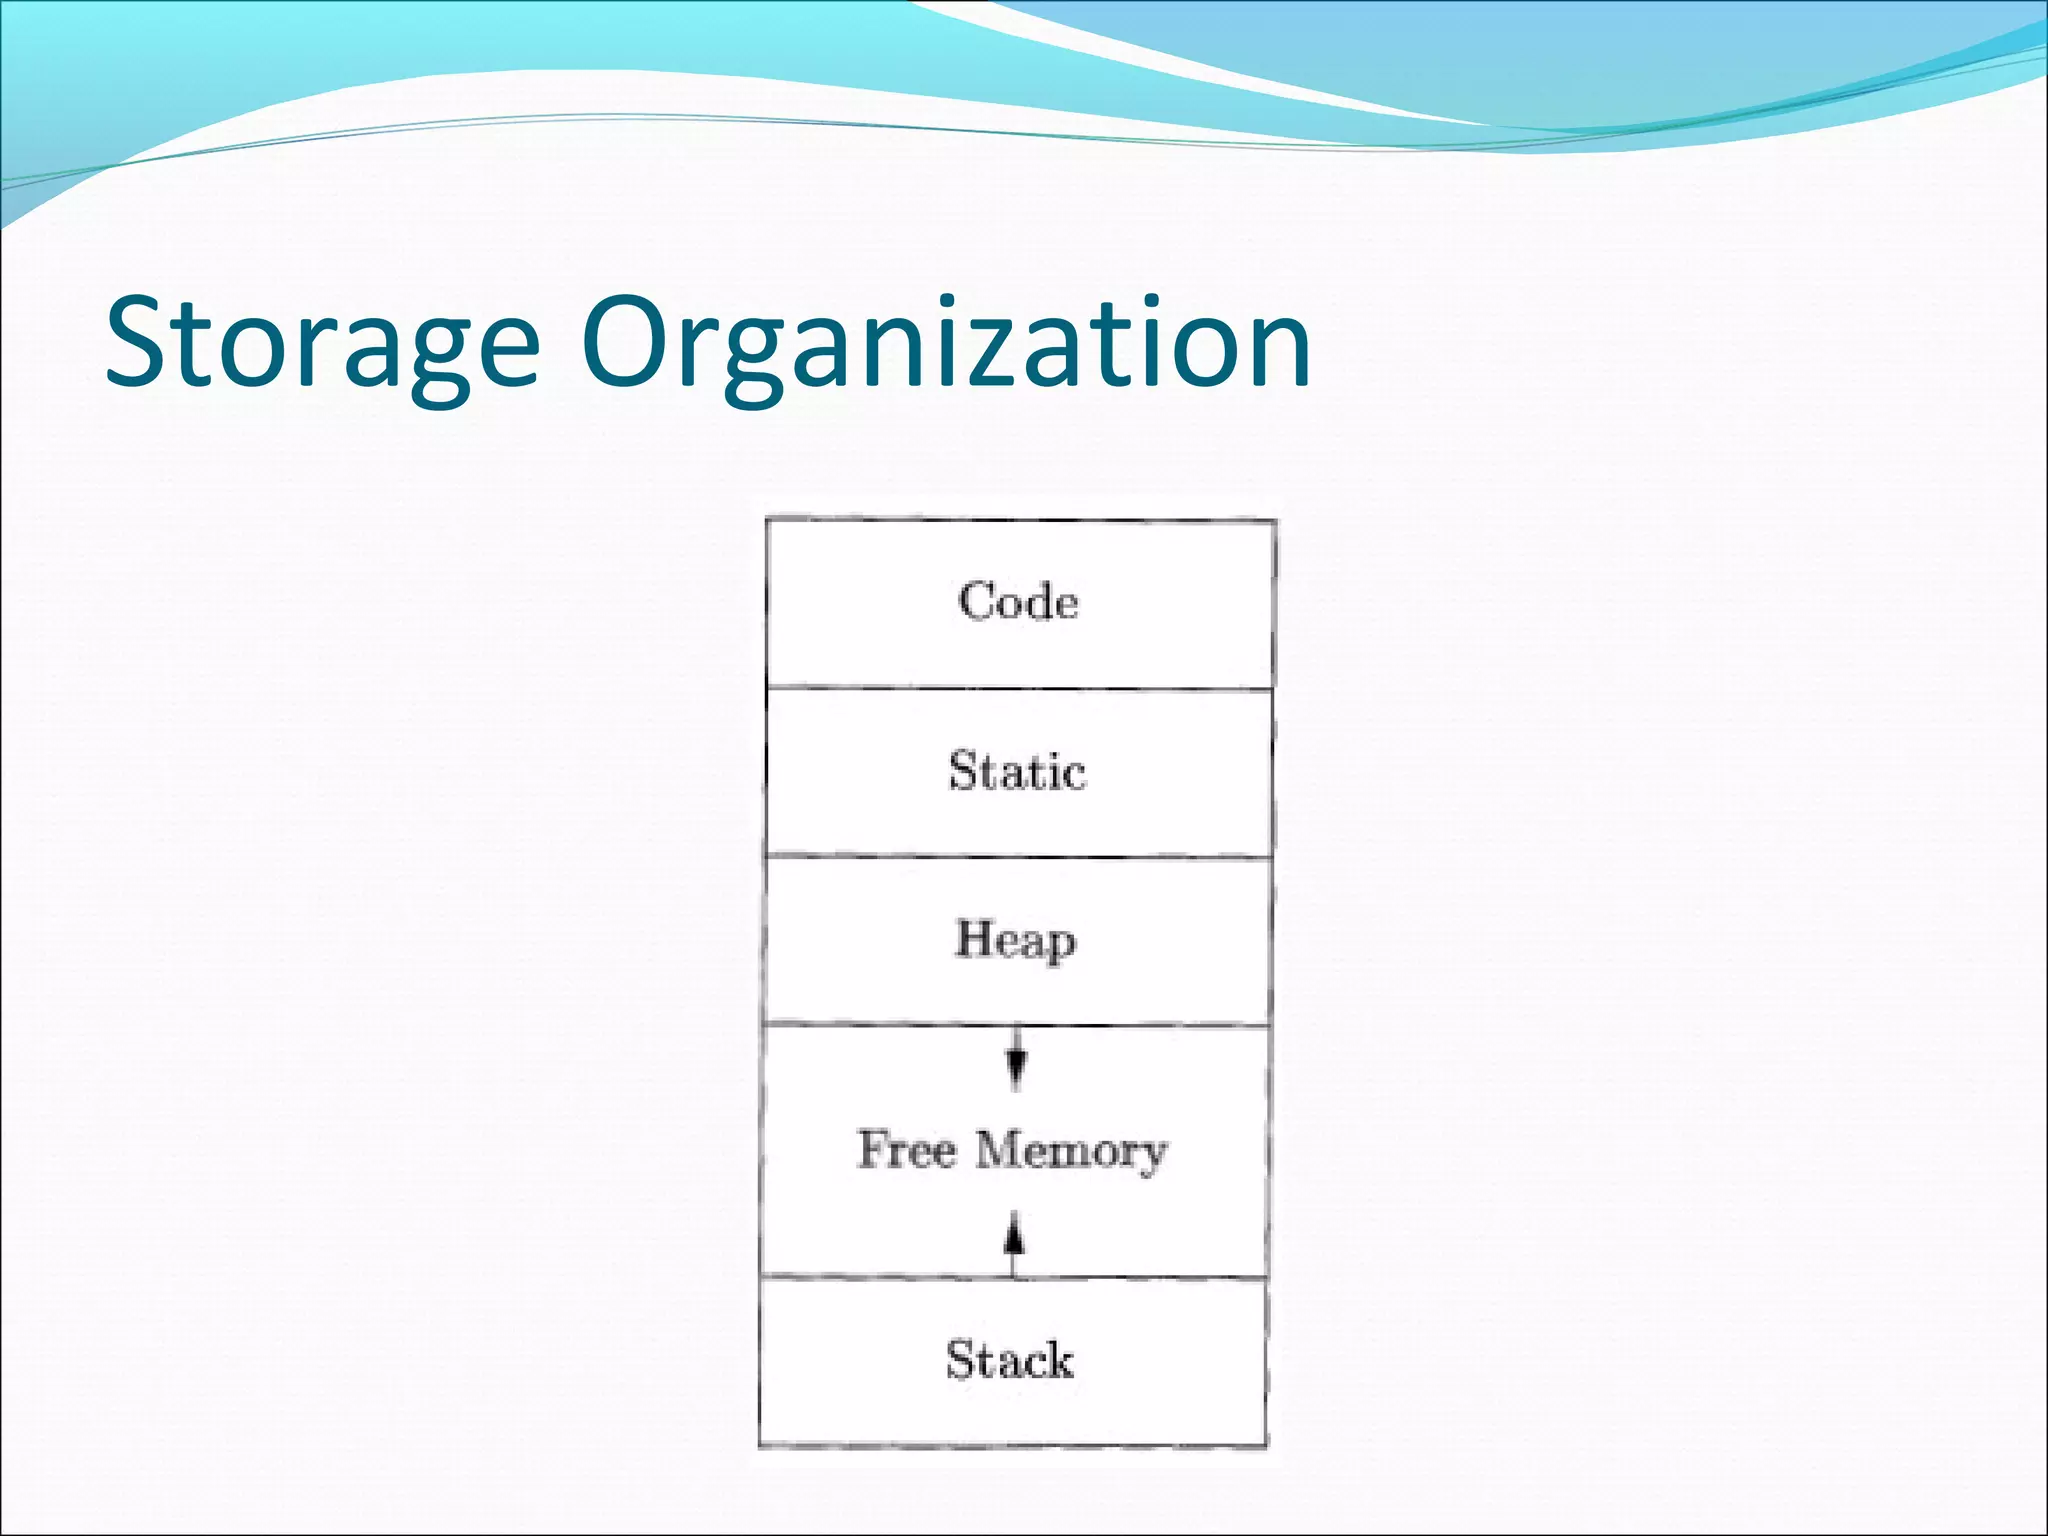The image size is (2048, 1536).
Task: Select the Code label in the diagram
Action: [x=1018, y=602]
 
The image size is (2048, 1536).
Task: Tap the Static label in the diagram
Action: [x=1017, y=772]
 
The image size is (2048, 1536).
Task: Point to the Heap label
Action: [x=1016, y=941]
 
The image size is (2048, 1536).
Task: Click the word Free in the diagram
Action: [x=906, y=1149]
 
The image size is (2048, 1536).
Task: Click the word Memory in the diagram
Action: [x=1071, y=1151]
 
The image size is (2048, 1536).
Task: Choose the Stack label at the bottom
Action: [x=1010, y=1360]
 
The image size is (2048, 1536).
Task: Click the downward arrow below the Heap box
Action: [x=1016, y=1060]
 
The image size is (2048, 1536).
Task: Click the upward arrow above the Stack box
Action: [x=1014, y=1240]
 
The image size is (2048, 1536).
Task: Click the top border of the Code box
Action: [x=1020, y=520]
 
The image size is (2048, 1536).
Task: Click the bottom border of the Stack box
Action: [x=1012, y=1445]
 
